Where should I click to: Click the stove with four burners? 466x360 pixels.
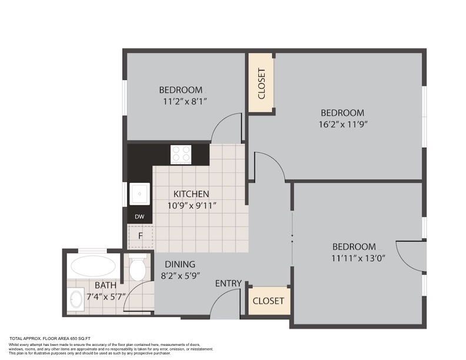181,154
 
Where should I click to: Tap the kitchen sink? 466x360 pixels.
139,194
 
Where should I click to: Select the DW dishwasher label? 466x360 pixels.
139,216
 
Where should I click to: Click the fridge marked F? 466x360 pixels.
140,236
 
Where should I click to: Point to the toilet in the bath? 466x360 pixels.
138,267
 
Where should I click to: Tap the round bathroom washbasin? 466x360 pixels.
76,299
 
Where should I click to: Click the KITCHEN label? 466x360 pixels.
191,194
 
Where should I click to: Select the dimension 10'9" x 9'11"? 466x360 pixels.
192,205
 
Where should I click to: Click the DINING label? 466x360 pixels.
180,264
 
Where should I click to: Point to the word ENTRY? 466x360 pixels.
228,284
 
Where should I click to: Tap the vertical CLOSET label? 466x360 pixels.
261,84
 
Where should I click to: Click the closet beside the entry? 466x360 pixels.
268,301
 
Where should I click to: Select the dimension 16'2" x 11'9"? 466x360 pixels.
343,125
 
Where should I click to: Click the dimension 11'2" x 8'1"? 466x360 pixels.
185,102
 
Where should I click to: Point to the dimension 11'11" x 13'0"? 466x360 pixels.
358,258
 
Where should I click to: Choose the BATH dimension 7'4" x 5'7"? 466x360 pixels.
106,296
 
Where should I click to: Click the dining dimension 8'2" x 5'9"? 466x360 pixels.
180,276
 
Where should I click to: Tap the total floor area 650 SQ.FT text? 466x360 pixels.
50,338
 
